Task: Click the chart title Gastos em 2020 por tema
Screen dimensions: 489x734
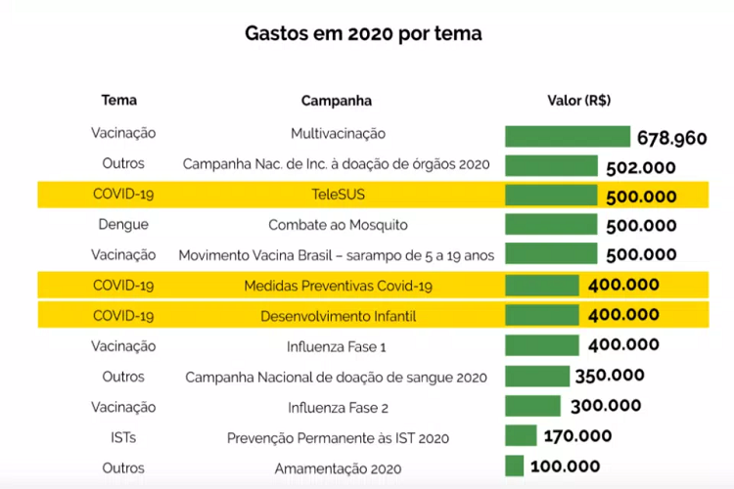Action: point(362,33)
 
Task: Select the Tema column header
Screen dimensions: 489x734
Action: point(119,100)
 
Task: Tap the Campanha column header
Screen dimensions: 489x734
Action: point(337,101)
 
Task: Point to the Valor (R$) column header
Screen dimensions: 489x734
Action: point(579,100)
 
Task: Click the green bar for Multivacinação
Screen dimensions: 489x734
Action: point(568,136)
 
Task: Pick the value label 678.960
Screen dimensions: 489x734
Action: point(671,138)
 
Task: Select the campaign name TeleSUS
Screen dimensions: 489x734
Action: point(338,195)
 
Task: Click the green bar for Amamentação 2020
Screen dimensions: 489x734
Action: point(516,467)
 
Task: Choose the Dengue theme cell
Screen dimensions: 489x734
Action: point(123,225)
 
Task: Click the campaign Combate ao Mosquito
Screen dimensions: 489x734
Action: point(338,225)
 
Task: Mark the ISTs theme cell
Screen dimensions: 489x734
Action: point(123,437)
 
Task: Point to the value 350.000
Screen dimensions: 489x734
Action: point(610,376)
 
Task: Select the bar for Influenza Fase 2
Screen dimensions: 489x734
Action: point(533,406)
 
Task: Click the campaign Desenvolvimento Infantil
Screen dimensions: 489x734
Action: point(338,316)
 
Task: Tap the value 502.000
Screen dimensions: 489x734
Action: point(641,167)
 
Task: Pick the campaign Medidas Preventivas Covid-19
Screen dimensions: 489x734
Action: point(338,286)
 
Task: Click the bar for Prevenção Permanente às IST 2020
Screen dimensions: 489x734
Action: point(521,436)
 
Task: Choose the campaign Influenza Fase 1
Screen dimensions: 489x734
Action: point(338,346)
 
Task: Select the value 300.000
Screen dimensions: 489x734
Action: point(606,406)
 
